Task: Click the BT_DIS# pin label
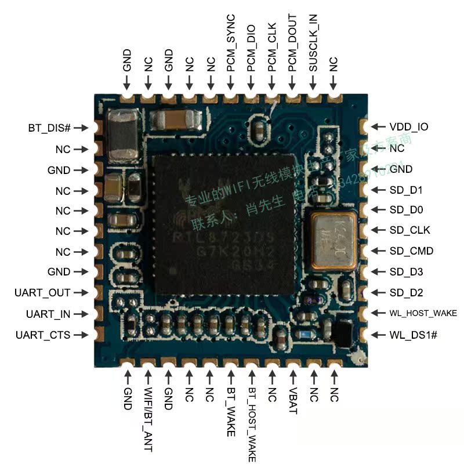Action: coord(49,128)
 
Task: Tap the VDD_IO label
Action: coord(409,126)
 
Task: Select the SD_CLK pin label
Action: coord(409,230)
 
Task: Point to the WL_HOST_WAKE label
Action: coord(423,313)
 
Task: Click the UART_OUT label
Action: coord(42,293)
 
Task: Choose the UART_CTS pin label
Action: coord(42,335)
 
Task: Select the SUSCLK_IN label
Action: coord(313,43)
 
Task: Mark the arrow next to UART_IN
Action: coord(81,314)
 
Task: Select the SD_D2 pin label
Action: coord(406,293)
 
